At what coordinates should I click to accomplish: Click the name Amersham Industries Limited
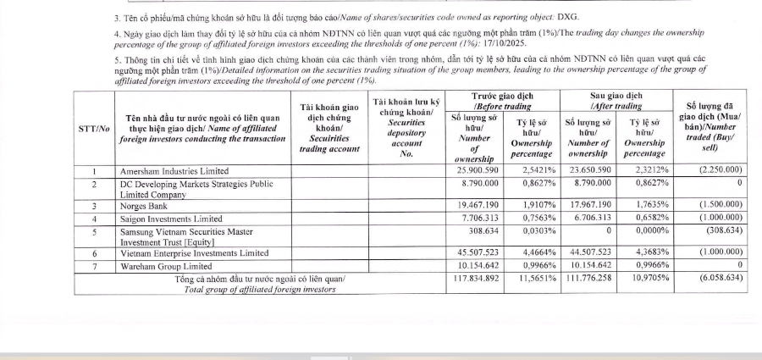[x=174, y=171]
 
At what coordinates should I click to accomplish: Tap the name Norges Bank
[x=144, y=206]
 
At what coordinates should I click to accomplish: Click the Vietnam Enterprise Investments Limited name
[x=195, y=253]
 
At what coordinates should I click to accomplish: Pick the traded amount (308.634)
[x=716, y=230]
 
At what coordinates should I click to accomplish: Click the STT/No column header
[x=93, y=128]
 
